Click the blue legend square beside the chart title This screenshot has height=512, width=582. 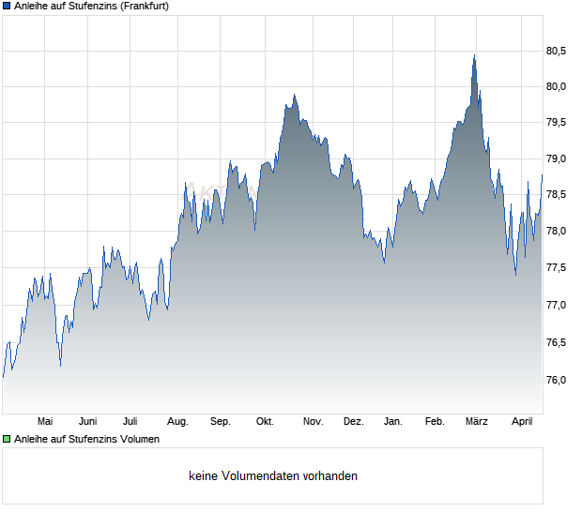[x=7, y=6]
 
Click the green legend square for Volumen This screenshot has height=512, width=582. [x=7, y=439]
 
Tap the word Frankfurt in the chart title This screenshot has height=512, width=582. [x=144, y=6]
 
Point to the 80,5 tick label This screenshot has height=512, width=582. [x=557, y=51]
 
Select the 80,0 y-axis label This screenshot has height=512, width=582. [x=557, y=87]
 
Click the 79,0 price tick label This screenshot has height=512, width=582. [x=557, y=159]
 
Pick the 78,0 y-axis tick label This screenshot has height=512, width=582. [x=557, y=233]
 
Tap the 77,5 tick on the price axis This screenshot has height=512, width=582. [x=557, y=269]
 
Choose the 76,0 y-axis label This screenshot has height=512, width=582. [x=557, y=380]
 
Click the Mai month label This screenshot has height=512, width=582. [x=44, y=421]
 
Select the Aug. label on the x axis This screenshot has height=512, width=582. [x=177, y=421]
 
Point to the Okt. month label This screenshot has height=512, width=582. [x=265, y=421]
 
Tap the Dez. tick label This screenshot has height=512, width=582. [x=353, y=421]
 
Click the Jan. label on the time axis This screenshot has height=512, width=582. [x=393, y=421]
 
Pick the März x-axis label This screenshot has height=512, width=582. [x=477, y=421]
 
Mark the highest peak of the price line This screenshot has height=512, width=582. [x=474, y=56]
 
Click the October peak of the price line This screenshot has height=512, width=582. [x=294, y=95]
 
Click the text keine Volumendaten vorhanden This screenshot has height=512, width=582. [x=273, y=476]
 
